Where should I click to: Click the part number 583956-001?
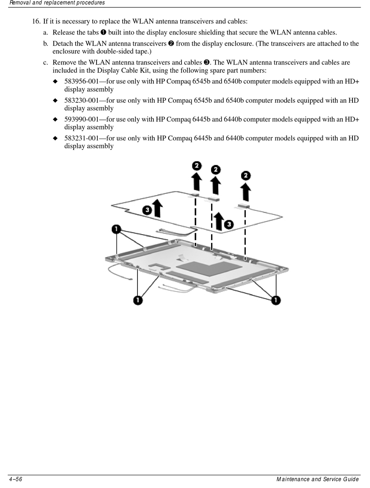tap(82, 81)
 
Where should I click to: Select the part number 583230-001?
tap(82, 100)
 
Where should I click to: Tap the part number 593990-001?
tap(82, 119)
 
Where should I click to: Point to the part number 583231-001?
tap(82, 138)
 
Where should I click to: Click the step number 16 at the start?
tap(36, 21)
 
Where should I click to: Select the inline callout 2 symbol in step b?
tap(171, 43)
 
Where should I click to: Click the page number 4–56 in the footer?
tap(16, 479)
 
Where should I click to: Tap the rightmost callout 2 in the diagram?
tap(245, 176)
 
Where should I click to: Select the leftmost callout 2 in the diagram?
tap(197, 166)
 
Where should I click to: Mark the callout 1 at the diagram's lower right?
tap(276, 300)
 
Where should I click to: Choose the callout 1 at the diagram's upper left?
tap(116, 229)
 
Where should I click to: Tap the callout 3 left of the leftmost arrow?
tap(147, 210)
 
